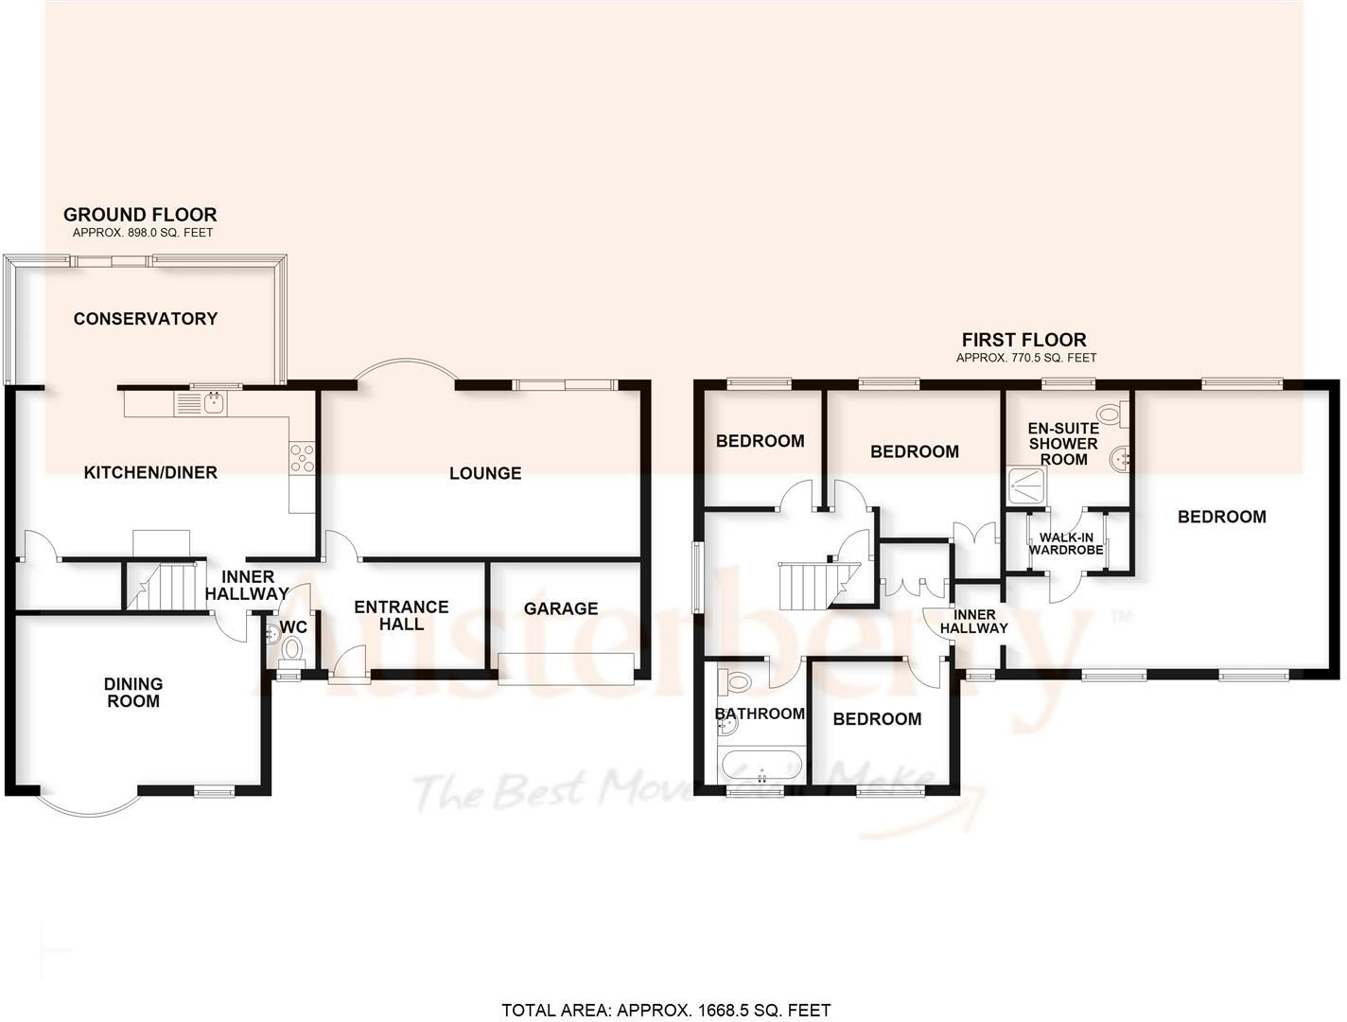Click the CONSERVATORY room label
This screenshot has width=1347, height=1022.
click(146, 319)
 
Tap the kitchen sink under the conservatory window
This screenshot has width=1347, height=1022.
click(201, 404)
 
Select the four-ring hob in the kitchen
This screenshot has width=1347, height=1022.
click(302, 458)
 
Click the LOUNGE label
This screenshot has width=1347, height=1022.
click(484, 473)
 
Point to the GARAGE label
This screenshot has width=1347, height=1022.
click(560, 608)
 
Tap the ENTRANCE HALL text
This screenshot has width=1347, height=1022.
click(401, 615)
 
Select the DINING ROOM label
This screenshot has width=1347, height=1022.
click(133, 692)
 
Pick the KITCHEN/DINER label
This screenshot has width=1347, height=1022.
click(150, 472)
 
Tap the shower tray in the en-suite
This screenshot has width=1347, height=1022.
click(1024, 486)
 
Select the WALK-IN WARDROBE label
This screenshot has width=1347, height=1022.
click(1066, 543)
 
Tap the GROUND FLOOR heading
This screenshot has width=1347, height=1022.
click(140, 215)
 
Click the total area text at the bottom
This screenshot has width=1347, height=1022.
click(666, 1011)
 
